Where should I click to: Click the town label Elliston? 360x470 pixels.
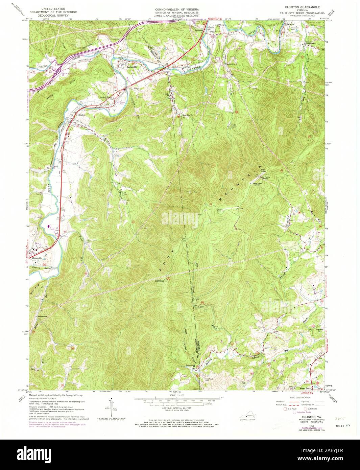coord(82,115)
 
